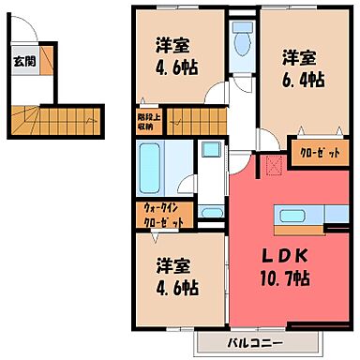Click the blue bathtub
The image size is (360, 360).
click(150, 167)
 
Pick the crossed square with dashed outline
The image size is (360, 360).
click(274, 165)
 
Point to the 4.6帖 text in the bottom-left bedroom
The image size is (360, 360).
click(174, 287)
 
